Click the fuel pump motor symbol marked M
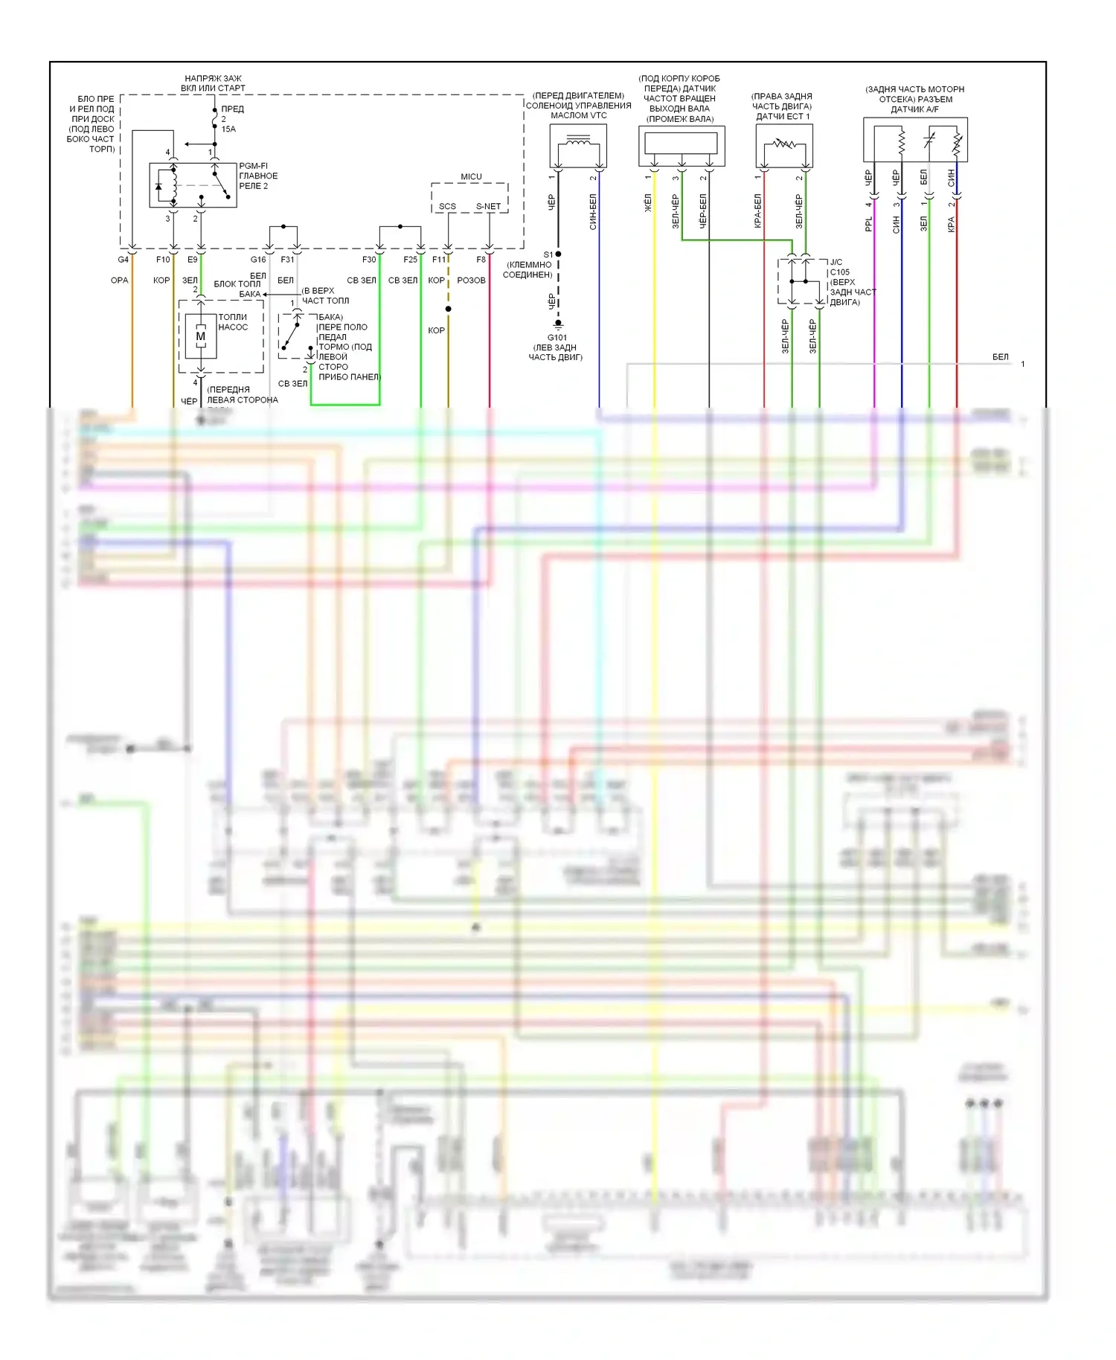pos(200,337)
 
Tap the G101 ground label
pos(557,337)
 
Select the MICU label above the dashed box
pos(471,177)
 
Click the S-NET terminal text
pos(488,207)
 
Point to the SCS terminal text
pos(447,207)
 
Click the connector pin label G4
pos(124,260)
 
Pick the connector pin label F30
pos(369,260)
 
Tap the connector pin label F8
pos(481,260)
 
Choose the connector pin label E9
pos(193,260)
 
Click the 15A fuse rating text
pos(228,129)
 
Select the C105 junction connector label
pos(840,272)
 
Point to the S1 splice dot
pos(558,254)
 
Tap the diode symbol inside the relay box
pos(158,186)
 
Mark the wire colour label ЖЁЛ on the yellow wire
pos(647,203)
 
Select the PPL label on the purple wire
pos(868,224)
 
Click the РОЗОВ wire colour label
pos(471,280)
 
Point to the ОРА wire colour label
pos(119,280)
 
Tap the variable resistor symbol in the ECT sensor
pos(784,144)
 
